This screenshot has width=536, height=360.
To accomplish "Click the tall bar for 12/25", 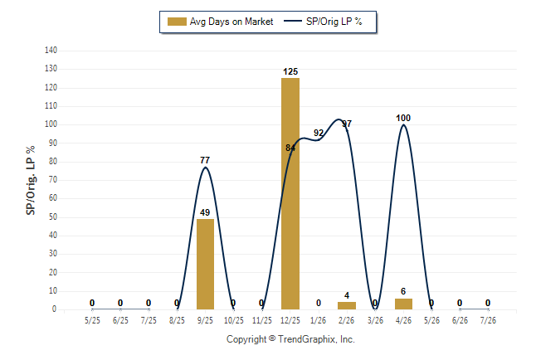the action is (x=290, y=193).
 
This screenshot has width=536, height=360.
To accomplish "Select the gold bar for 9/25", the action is (x=205, y=264).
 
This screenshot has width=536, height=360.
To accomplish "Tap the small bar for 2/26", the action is (x=347, y=305).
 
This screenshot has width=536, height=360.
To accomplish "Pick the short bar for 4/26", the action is (x=403, y=304).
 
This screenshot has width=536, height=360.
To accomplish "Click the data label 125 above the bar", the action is (x=290, y=72).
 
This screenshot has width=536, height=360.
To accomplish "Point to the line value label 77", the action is (x=205, y=160).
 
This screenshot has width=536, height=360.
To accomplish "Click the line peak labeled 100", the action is (x=403, y=124).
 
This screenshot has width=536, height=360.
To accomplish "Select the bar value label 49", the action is (x=205, y=212).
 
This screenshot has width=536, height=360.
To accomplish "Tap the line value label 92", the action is (x=319, y=133).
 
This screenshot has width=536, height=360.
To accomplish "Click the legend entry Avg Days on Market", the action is (x=221, y=22).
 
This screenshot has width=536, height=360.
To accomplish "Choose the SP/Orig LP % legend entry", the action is (x=323, y=22).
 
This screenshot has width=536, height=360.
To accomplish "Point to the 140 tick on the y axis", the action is (x=51, y=51).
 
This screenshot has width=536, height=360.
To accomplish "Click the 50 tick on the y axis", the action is (x=52, y=217).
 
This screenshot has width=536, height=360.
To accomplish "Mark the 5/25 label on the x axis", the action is (x=92, y=320).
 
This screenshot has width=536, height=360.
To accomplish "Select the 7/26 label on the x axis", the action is (x=488, y=320).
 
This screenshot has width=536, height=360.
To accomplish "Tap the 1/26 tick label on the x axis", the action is (x=319, y=320).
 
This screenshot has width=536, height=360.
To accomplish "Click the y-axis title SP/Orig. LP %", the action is (x=31, y=181).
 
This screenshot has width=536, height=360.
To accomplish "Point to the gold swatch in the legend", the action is (x=177, y=22).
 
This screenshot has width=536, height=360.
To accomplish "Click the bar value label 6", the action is (x=403, y=291).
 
